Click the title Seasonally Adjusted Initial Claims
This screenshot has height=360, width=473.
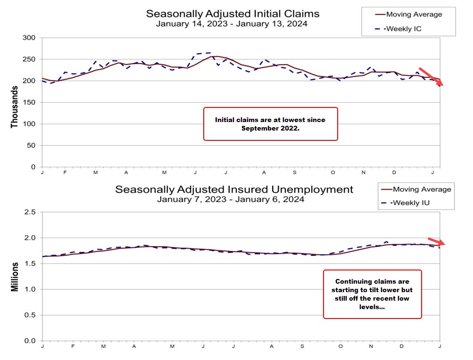click(x=232, y=13)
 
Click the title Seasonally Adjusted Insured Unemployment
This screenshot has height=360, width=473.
click(x=234, y=189)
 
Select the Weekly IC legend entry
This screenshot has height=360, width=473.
click(x=404, y=29)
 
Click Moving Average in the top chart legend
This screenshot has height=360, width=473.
click(x=414, y=15)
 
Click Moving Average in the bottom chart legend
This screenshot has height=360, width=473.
click(x=422, y=189)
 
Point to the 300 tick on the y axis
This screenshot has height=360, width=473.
click(x=29, y=38)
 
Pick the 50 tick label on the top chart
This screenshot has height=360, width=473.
click(x=31, y=146)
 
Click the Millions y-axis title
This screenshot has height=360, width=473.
click(x=15, y=277)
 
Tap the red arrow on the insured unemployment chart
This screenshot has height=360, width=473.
click(x=436, y=241)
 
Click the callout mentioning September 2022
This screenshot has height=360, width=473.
click(x=270, y=123)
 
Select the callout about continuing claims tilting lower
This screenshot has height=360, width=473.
click(x=372, y=294)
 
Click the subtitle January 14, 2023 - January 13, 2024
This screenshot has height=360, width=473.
click(x=232, y=24)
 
